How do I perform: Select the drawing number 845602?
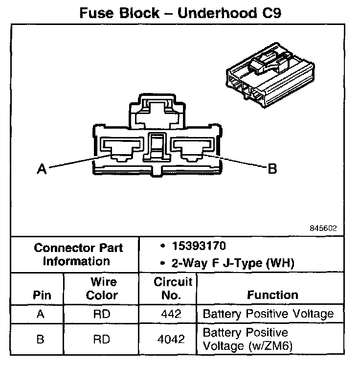(x=323, y=228)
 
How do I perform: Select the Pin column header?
(x=42, y=296)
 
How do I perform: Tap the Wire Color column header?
(x=102, y=289)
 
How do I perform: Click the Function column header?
(x=272, y=295)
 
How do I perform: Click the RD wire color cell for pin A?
(x=102, y=314)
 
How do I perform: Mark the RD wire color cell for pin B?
(x=102, y=339)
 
